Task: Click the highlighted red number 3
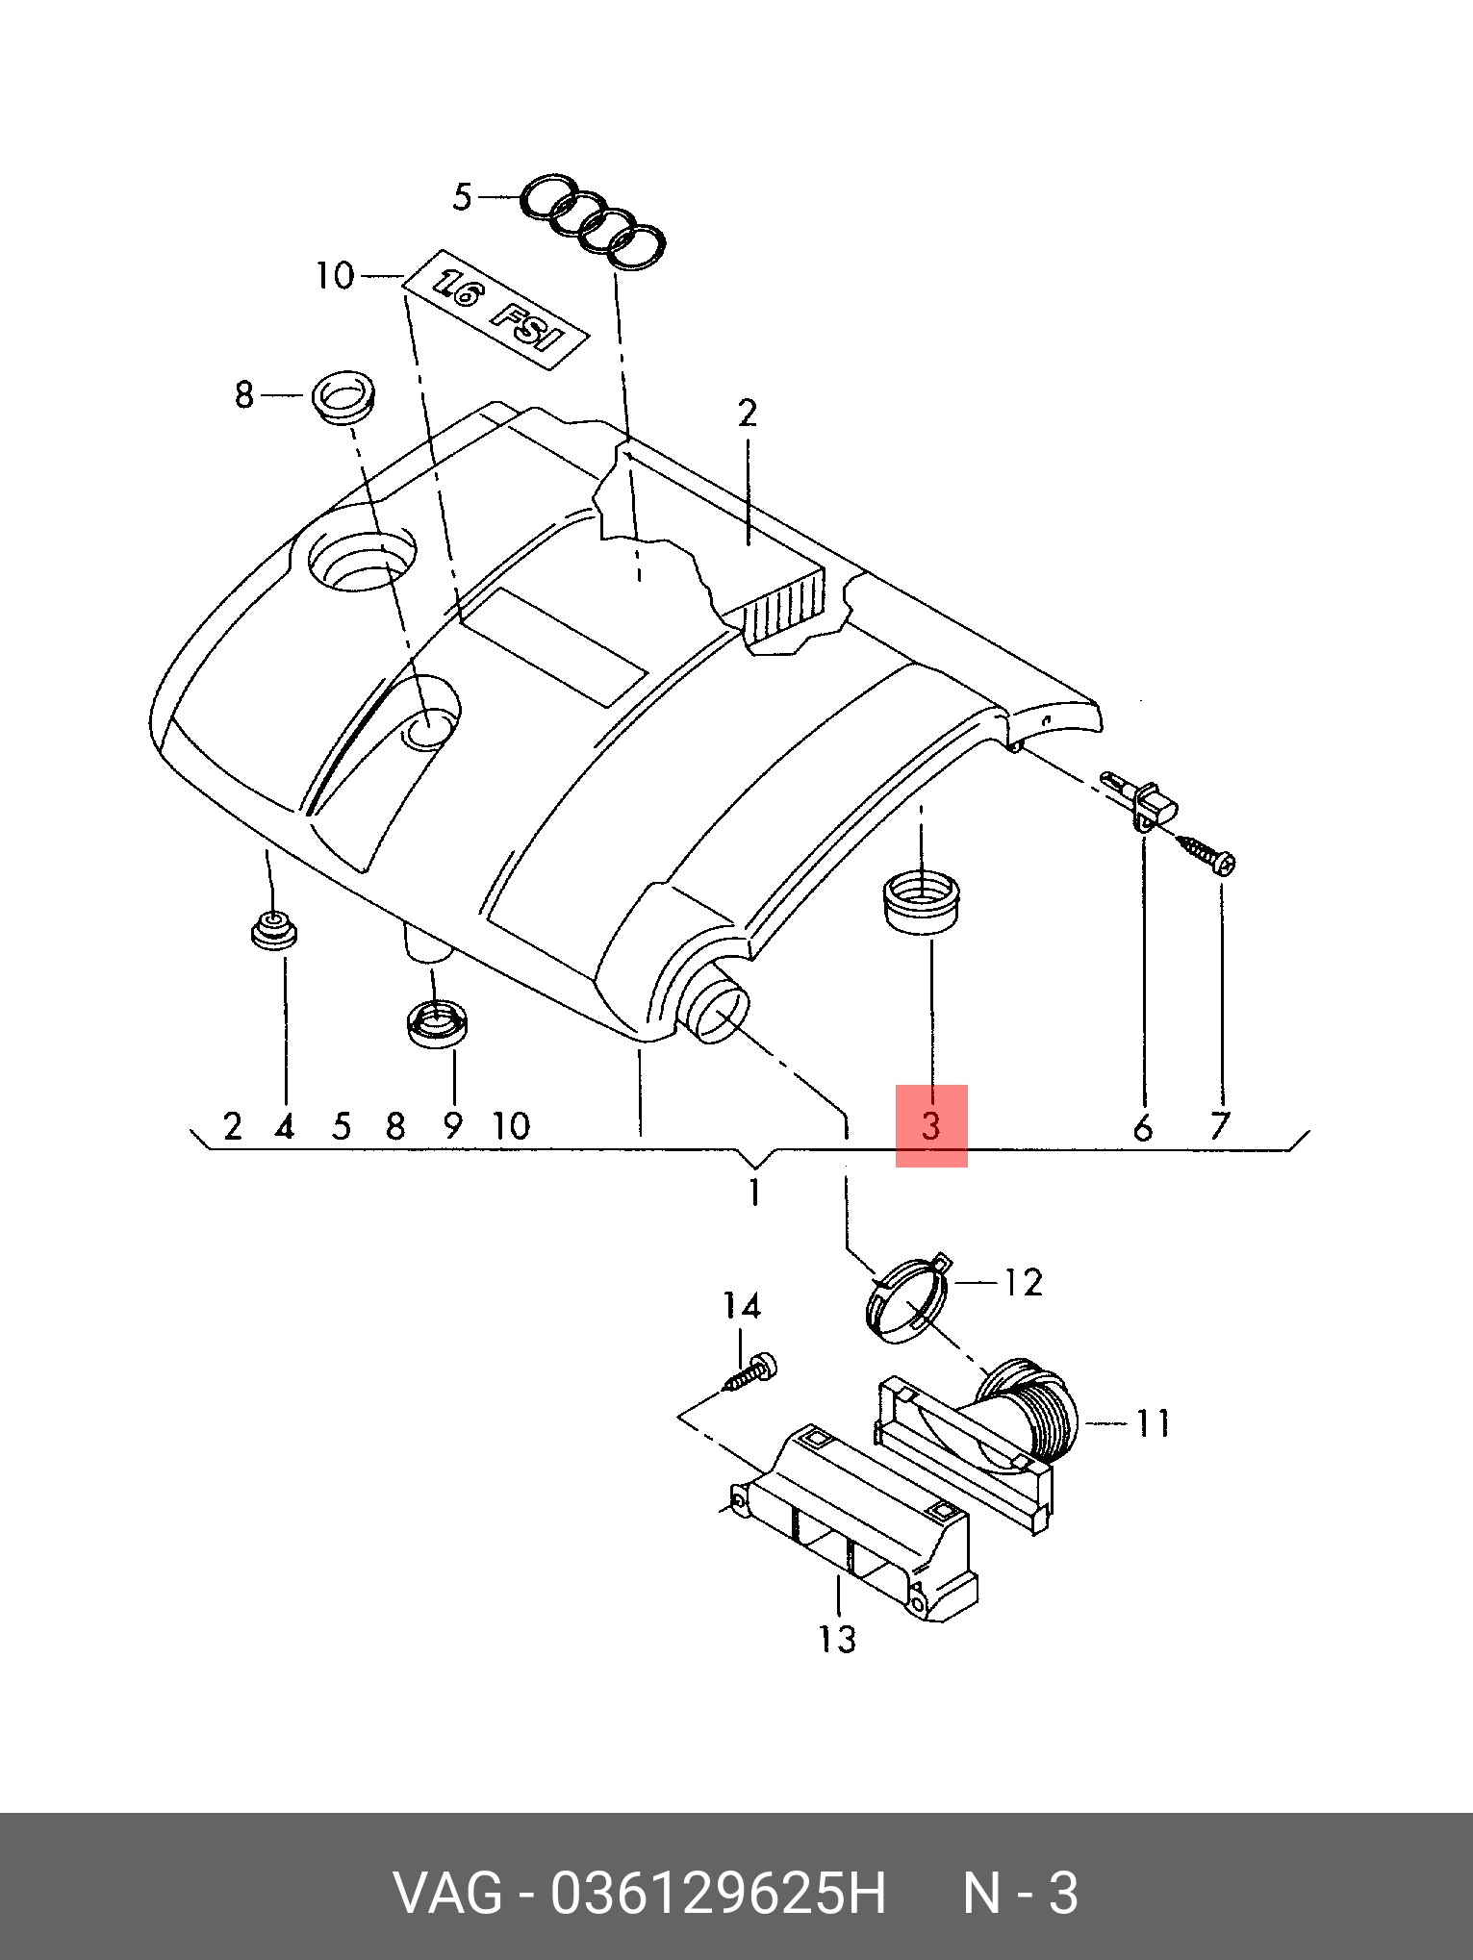pyautogui.click(x=930, y=1125)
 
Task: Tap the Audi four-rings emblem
pyautogui.click(x=594, y=222)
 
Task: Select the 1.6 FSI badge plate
pyautogui.click(x=495, y=311)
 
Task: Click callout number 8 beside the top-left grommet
pyautogui.click(x=244, y=394)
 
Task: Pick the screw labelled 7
pyautogui.click(x=1206, y=853)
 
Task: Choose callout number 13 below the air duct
pyautogui.click(x=836, y=1639)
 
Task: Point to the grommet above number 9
pyautogui.click(x=437, y=1022)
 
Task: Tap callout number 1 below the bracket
pyautogui.click(x=754, y=1193)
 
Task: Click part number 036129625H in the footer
pyautogui.click(x=718, y=1894)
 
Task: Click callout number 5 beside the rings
pyautogui.click(x=463, y=197)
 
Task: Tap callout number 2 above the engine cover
pyautogui.click(x=748, y=414)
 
